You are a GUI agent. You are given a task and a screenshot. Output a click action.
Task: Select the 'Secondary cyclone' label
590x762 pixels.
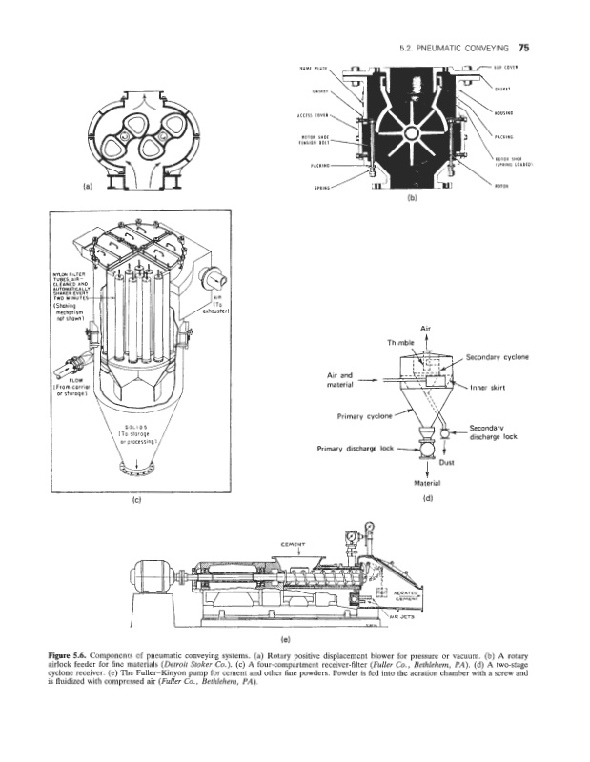497,357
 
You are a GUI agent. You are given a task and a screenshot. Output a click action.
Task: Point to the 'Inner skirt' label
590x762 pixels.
492,388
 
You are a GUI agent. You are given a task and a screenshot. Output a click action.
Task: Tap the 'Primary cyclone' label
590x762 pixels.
365,416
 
